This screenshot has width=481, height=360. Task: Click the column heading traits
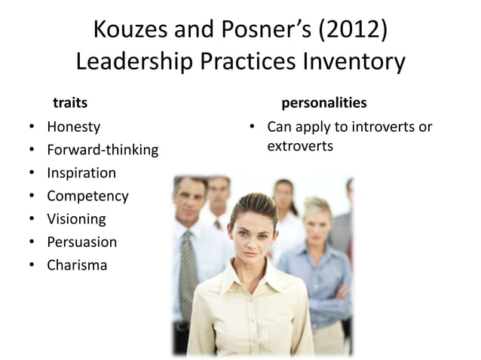pos(69,101)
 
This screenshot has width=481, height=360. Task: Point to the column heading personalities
pos(324,101)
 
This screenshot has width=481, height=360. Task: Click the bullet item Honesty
pos(73,127)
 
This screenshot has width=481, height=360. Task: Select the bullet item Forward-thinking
pos(103,150)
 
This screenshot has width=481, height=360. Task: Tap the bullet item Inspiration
pos(81,173)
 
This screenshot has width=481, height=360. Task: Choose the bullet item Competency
pos(87,197)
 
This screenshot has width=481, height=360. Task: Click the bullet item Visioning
pos(76,219)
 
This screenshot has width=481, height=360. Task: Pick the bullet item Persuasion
pos(81,243)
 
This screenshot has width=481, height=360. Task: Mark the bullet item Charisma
pos(77,266)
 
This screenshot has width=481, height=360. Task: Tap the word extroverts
pos(300,145)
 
